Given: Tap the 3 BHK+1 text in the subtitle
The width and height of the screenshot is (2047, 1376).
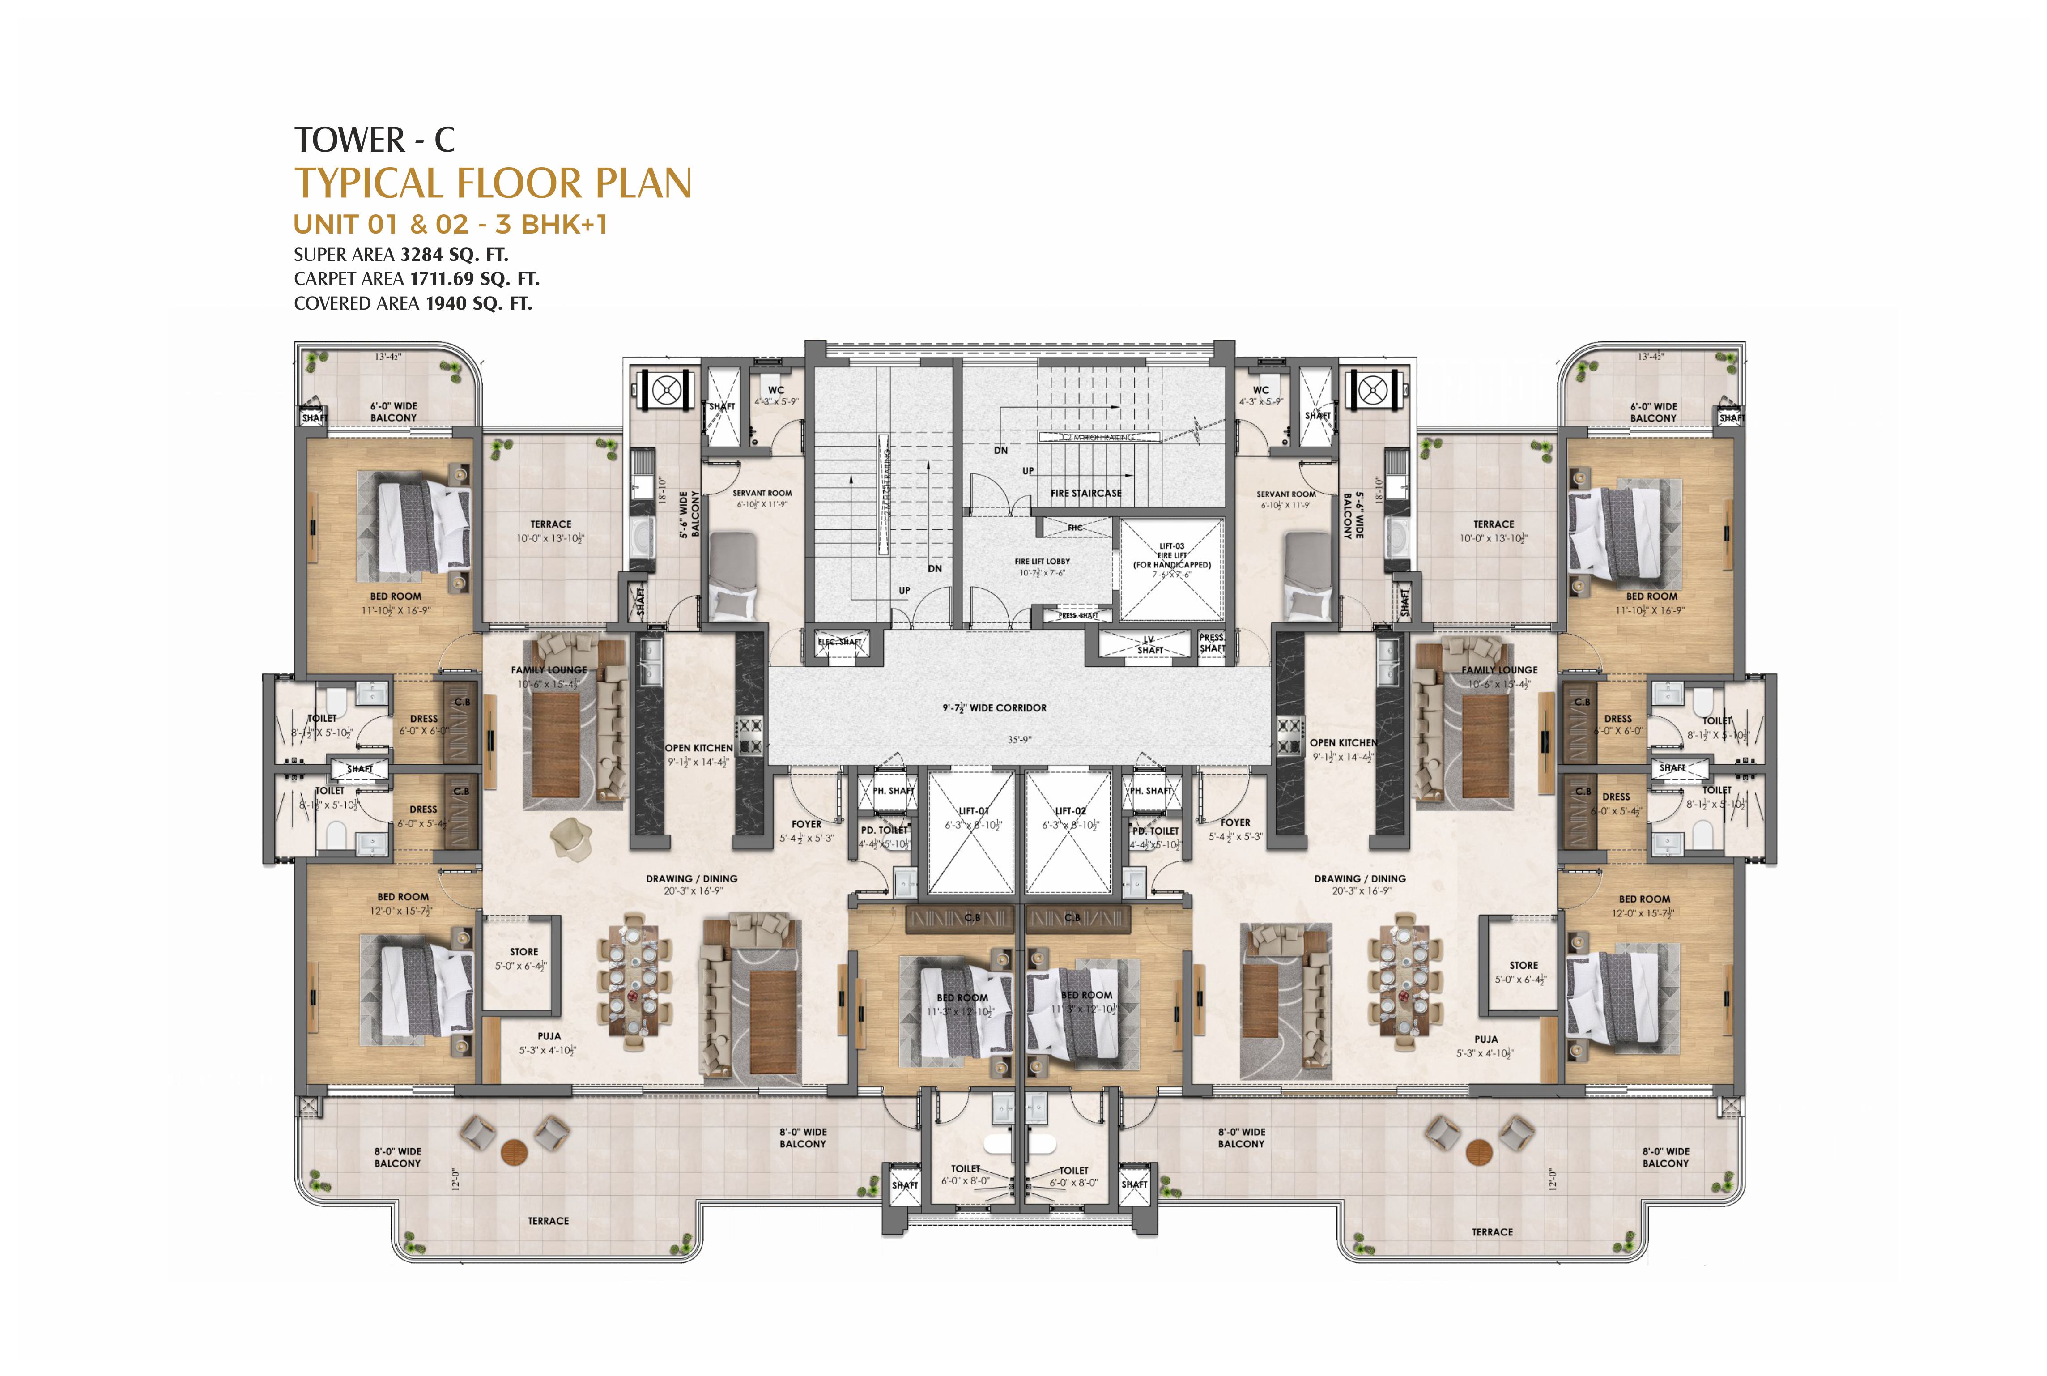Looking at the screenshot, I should [551, 225].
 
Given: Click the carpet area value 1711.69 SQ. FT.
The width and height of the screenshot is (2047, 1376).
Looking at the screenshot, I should [474, 279].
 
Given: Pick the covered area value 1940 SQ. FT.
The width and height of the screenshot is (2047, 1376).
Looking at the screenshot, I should [478, 304].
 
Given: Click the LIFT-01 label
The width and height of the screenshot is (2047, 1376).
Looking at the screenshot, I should [973, 811].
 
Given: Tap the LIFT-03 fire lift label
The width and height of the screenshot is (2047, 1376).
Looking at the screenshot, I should [1171, 546].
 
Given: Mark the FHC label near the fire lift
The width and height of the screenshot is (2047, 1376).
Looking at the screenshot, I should [1075, 528].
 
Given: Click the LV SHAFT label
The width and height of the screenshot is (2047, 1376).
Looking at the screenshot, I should [1149, 645].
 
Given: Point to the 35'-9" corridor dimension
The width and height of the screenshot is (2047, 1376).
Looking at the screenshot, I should [1019, 740].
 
